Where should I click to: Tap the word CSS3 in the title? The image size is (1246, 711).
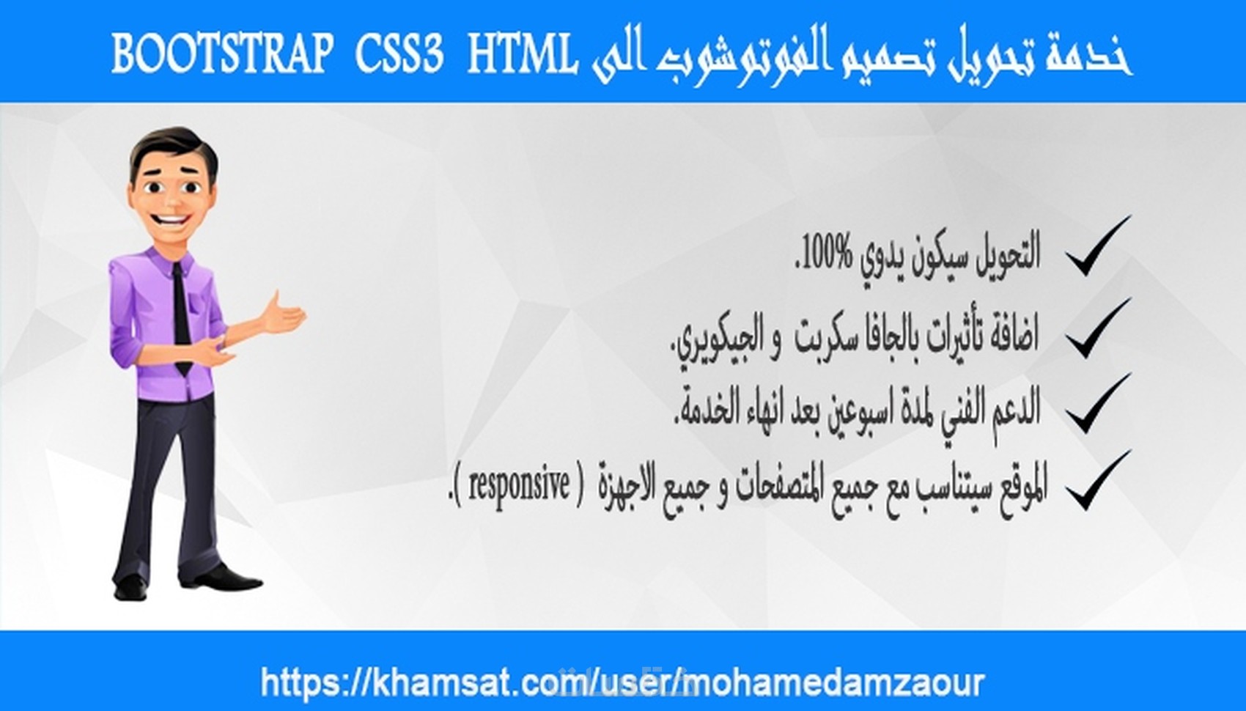click(399, 55)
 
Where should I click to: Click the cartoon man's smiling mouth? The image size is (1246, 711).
click(173, 219)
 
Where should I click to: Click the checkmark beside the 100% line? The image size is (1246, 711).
click(1097, 247)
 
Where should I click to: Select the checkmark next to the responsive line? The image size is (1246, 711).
click(1097, 482)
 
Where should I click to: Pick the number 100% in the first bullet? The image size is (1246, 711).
click(827, 254)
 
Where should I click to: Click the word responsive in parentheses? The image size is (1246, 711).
click(519, 485)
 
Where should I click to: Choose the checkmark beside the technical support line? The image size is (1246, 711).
click(1097, 404)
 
